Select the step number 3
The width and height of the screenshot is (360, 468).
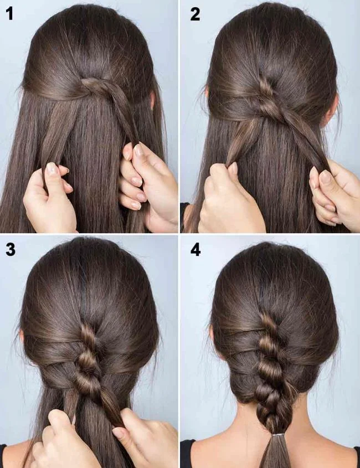[x=11, y=250]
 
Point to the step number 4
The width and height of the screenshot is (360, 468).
[x=196, y=250]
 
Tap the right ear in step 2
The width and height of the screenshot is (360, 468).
[x=331, y=111]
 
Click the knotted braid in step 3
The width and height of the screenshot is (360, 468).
[x=89, y=360]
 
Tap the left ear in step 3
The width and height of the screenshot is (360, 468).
[x=22, y=335]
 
